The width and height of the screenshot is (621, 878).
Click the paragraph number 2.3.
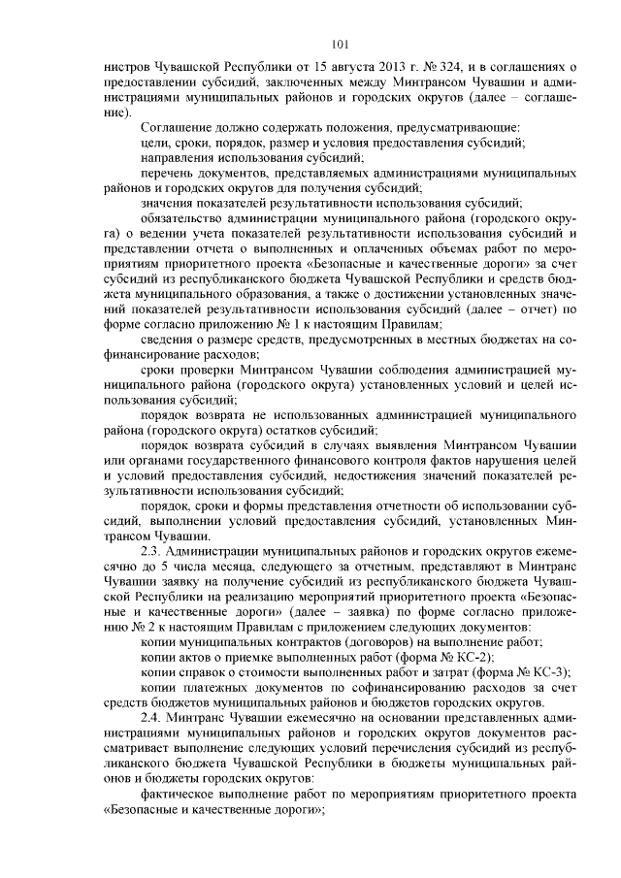pyautogui.click(x=150, y=549)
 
